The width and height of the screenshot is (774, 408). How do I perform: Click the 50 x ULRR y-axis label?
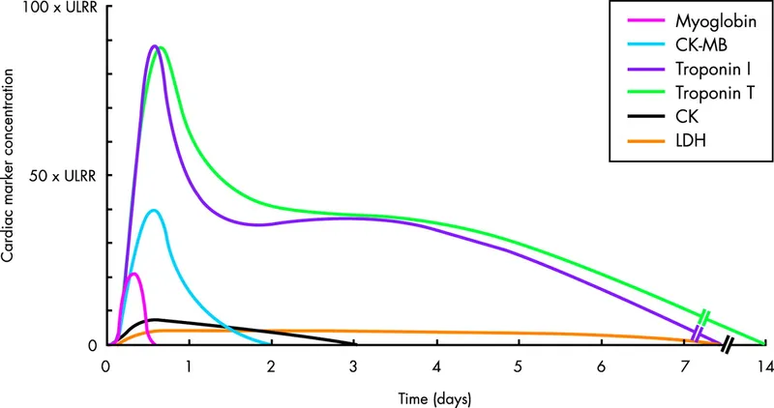(x=58, y=176)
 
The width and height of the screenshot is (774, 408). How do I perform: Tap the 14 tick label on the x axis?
(x=764, y=367)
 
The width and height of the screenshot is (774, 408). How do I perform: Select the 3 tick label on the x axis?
(x=354, y=367)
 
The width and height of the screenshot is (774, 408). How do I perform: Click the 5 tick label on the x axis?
(x=520, y=367)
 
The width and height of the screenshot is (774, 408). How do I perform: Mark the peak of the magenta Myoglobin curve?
(x=134, y=274)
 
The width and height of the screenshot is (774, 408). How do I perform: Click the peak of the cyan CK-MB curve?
(x=152, y=210)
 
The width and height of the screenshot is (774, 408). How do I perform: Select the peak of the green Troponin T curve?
(x=162, y=47)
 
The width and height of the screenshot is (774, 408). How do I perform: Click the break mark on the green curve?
(x=705, y=316)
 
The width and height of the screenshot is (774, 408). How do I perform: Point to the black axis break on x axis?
(x=727, y=344)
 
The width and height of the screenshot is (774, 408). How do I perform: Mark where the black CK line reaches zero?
(x=354, y=343)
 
